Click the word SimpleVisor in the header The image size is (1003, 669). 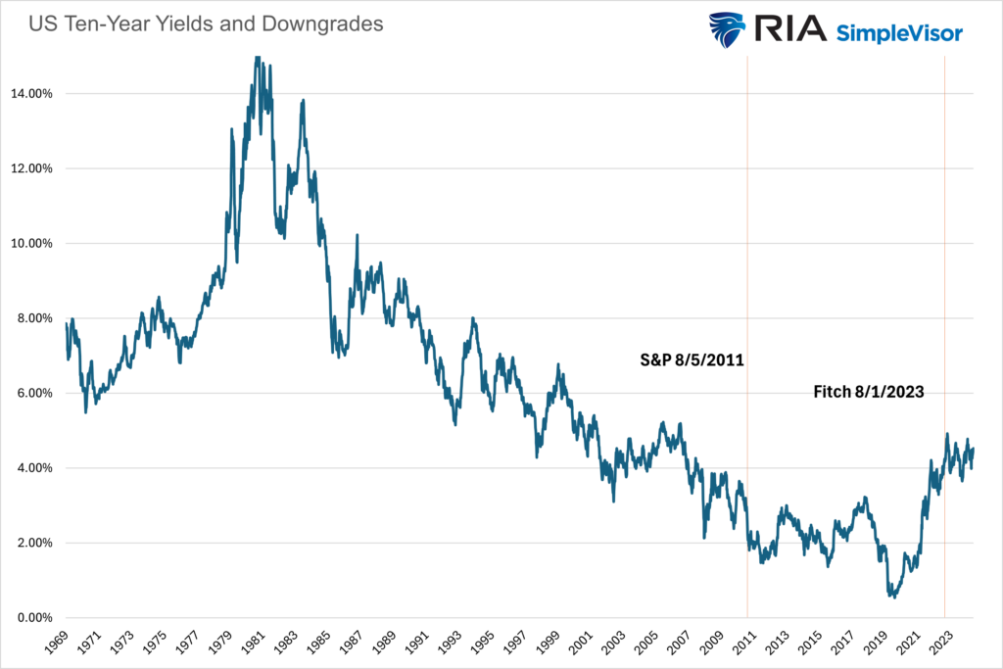(899, 33)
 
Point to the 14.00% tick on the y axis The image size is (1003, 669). (32, 94)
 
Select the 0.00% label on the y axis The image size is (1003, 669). (35, 618)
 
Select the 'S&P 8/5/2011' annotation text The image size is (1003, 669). (686, 360)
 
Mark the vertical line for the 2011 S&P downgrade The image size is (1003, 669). (747, 245)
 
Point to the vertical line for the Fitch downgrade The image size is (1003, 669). (944, 245)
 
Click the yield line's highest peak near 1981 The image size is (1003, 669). (257, 58)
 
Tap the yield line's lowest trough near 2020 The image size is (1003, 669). (892, 596)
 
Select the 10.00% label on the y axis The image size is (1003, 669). (32, 244)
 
